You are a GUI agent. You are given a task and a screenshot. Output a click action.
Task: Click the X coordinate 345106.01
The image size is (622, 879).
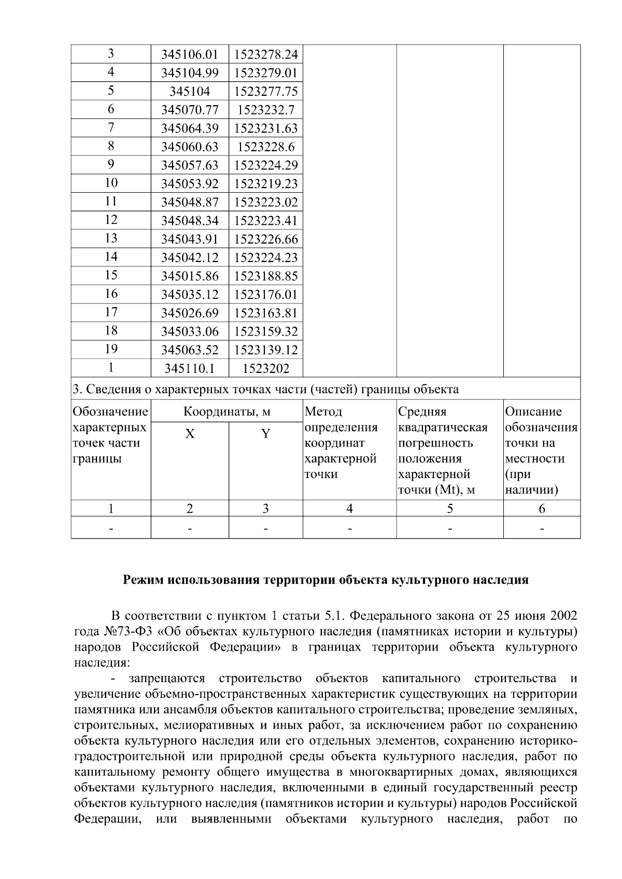point(190,54)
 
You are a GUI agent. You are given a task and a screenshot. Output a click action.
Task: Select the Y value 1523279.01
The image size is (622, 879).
point(266,73)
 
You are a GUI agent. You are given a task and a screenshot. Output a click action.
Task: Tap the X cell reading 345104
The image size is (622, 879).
point(190,92)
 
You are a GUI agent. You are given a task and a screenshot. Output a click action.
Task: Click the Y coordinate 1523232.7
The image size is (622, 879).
point(266,110)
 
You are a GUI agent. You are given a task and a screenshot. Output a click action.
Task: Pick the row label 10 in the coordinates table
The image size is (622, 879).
point(111,183)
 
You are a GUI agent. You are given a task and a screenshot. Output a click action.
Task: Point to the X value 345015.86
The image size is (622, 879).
point(190,276)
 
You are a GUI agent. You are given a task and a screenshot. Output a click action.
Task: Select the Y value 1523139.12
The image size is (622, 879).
point(266,350)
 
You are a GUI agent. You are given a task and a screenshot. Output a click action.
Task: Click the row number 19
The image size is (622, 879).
point(111,349)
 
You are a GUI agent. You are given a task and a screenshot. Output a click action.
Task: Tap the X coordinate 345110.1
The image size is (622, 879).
point(190,368)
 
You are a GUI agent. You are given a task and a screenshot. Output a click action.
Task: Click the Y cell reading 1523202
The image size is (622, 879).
point(266,368)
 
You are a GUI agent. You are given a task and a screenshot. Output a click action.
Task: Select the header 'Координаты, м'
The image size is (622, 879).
point(227,412)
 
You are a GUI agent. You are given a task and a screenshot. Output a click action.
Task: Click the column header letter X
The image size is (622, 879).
point(190,434)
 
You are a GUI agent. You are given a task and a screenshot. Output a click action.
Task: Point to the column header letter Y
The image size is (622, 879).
point(265,434)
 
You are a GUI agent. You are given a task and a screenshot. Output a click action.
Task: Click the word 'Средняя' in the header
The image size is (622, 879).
point(422,412)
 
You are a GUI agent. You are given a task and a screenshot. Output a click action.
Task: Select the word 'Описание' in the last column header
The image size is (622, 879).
point(533,412)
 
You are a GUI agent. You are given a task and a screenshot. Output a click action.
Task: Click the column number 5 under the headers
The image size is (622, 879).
point(450,509)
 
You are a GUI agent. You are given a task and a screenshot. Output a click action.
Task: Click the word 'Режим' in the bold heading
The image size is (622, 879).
point(143,580)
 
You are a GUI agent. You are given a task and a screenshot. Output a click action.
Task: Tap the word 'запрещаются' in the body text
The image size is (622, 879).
point(167,679)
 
